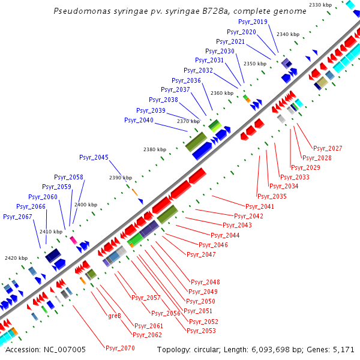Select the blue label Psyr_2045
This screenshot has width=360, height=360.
[x=94, y=157]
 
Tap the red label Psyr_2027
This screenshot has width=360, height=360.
[x=328, y=148]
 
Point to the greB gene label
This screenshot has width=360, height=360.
[x=115, y=316]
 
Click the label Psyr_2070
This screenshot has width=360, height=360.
[x=120, y=348]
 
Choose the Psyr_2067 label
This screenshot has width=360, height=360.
[x=17, y=217]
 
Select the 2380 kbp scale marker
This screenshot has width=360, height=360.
[x=154, y=149]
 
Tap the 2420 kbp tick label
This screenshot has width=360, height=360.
[x=15, y=258]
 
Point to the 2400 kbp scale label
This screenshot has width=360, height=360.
[x=85, y=205]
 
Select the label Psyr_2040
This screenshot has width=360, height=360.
[x=139, y=121]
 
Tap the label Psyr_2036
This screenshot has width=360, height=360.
[x=186, y=80]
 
